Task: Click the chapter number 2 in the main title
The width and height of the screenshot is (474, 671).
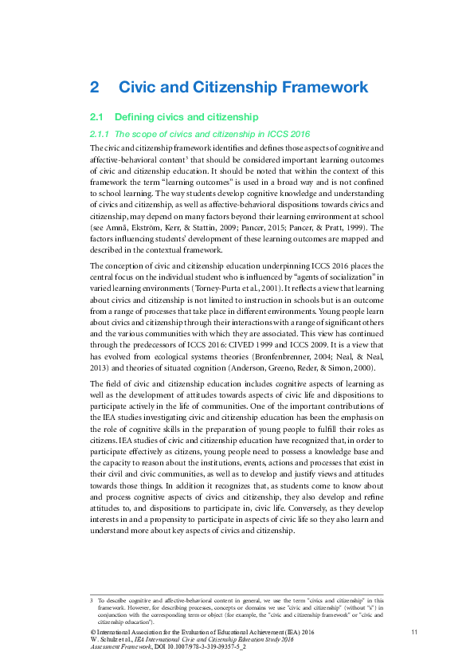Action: pyautogui.click(x=95, y=87)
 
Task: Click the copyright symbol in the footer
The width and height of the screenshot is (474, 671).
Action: pyautogui.click(x=92, y=631)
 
